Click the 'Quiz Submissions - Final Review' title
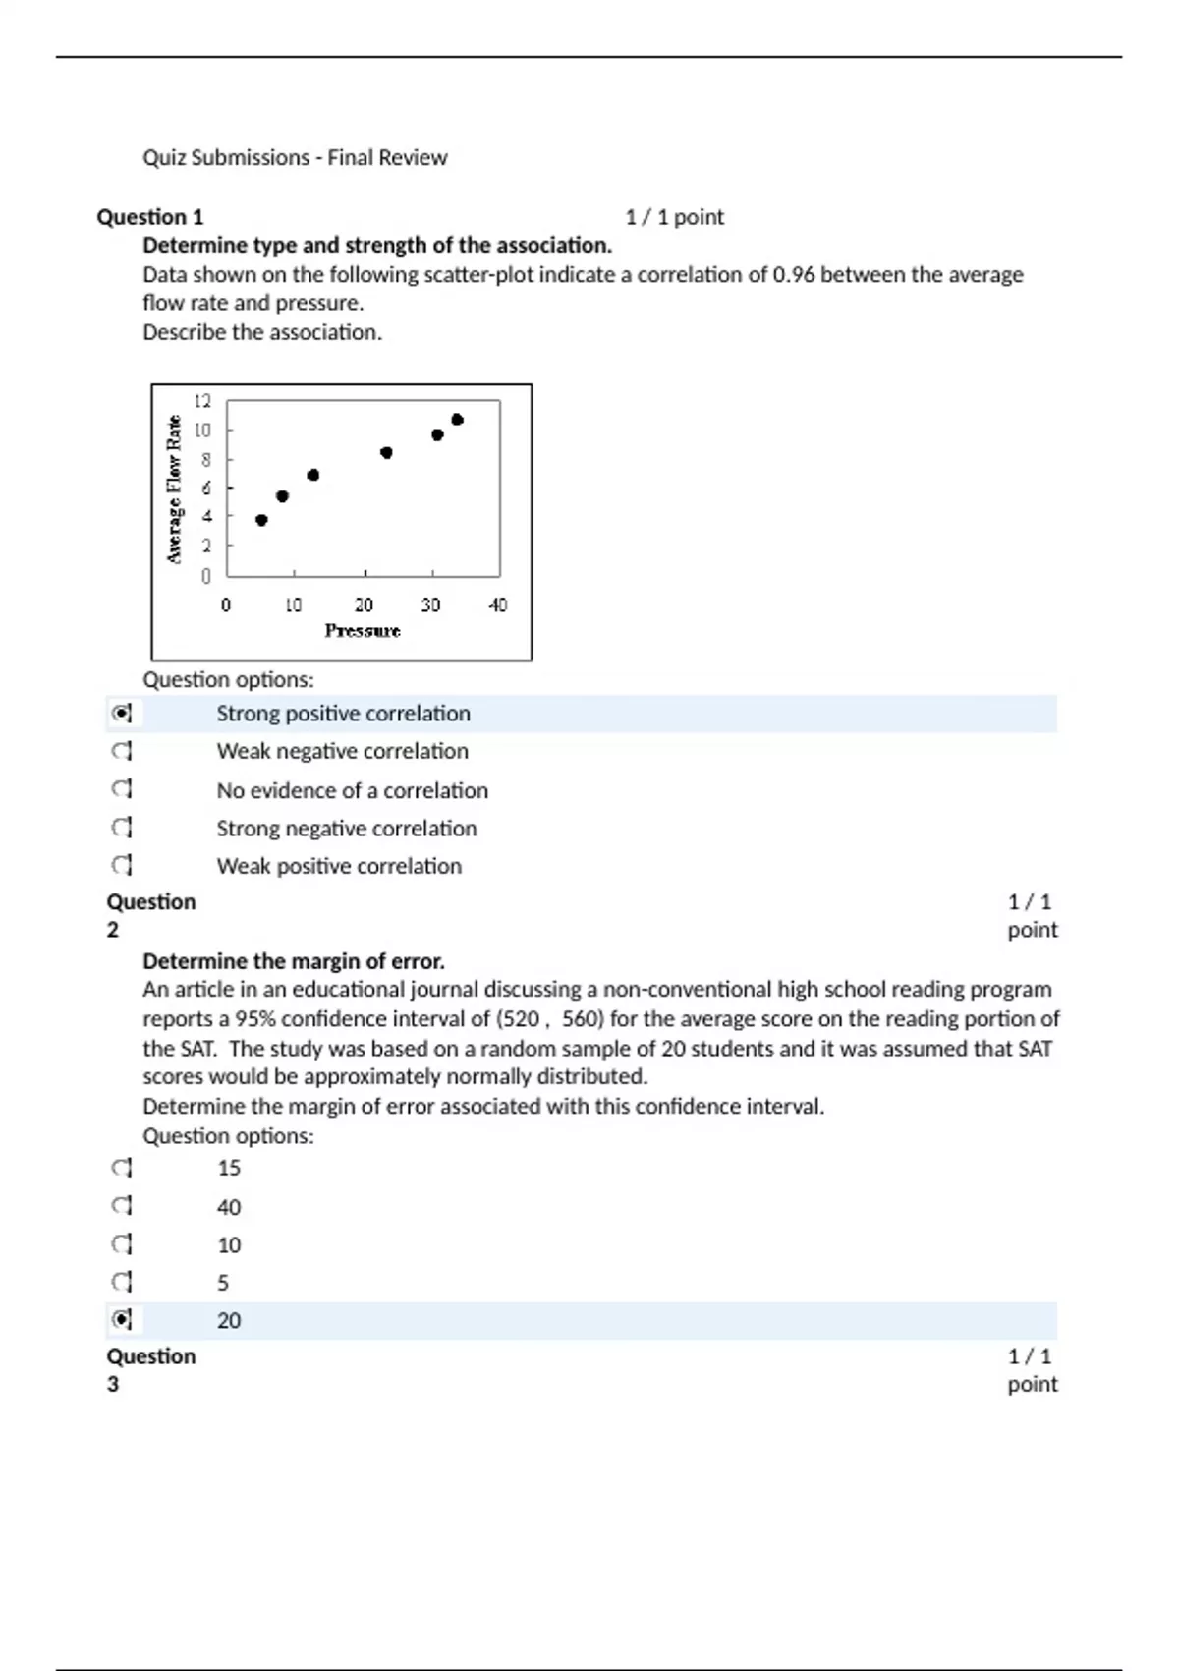(x=295, y=157)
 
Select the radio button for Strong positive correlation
(x=121, y=713)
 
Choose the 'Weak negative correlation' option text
(x=342, y=751)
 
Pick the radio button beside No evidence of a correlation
(x=121, y=789)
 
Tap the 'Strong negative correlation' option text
(x=346, y=829)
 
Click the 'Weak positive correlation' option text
(x=339, y=866)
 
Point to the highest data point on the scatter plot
(x=457, y=420)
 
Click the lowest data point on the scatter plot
(x=261, y=520)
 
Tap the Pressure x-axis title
(x=363, y=631)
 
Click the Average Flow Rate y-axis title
(x=175, y=489)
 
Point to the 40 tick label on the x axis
(x=498, y=605)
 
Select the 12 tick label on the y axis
(x=202, y=401)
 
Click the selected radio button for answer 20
(x=121, y=1319)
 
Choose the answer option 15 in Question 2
(x=229, y=1168)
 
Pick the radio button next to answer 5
(x=121, y=1282)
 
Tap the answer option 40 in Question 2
(x=229, y=1207)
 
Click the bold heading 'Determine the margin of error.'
(x=294, y=960)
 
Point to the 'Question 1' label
(x=149, y=217)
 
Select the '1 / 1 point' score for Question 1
(x=674, y=217)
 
